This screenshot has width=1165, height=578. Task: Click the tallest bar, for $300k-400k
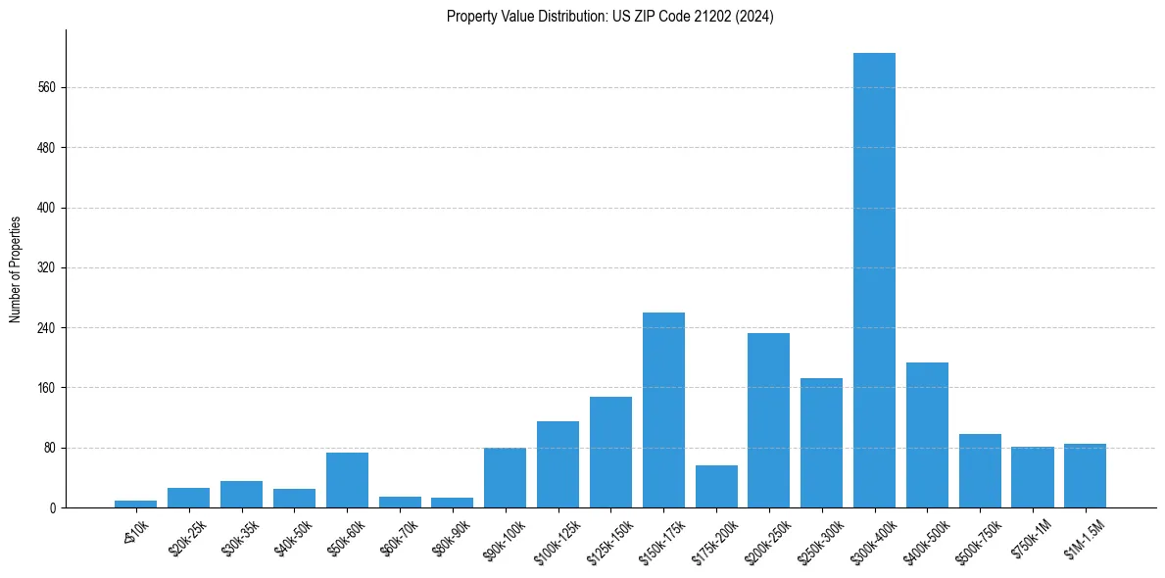click(874, 280)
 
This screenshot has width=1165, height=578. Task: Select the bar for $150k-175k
click(663, 409)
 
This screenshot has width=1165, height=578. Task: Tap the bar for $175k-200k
click(716, 486)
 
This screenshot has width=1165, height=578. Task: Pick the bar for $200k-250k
click(768, 420)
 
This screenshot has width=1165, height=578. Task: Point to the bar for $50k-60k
click(347, 480)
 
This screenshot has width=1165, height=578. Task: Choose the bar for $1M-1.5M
click(1085, 475)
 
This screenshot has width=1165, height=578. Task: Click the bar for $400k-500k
click(927, 435)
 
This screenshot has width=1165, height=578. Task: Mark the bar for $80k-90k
click(452, 503)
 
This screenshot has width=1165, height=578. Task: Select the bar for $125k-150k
click(610, 452)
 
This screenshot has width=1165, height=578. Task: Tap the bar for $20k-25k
click(188, 498)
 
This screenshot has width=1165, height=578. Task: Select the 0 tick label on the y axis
click(55, 508)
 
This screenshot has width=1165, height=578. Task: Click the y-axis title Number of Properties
click(16, 268)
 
